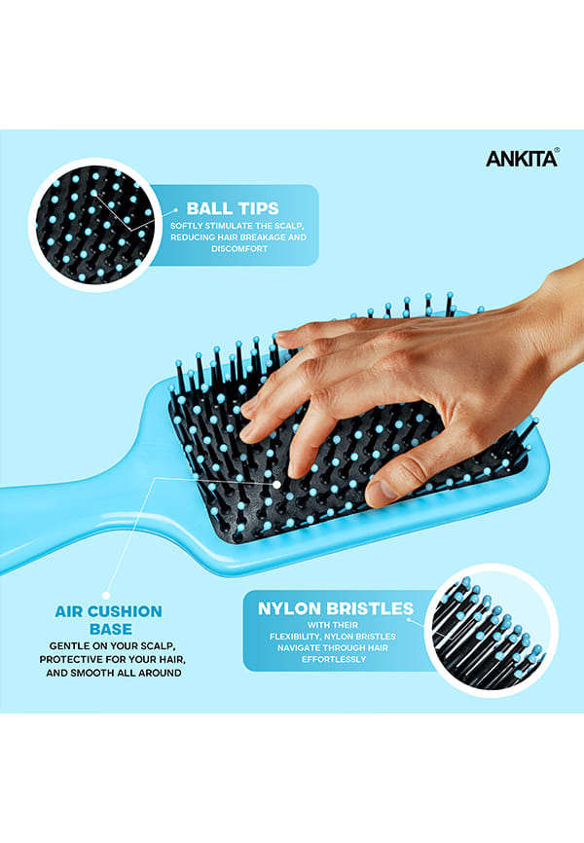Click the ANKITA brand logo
click(x=522, y=158)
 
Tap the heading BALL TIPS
click(x=233, y=208)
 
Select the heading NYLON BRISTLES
click(x=336, y=608)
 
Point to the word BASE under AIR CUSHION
click(x=111, y=629)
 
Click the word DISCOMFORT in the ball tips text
click(x=239, y=249)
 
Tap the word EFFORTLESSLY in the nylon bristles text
click(x=334, y=659)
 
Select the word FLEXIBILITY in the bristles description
click(x=295, y=637)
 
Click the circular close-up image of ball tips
click(x=95, y=225)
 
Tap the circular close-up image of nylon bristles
click(x=491, y=630)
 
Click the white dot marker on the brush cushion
click(x=276, y=485)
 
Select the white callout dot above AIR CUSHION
click(x=106, y=595)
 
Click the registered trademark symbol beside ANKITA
click(x=557, y=151)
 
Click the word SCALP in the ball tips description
click(x=289, y=226)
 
